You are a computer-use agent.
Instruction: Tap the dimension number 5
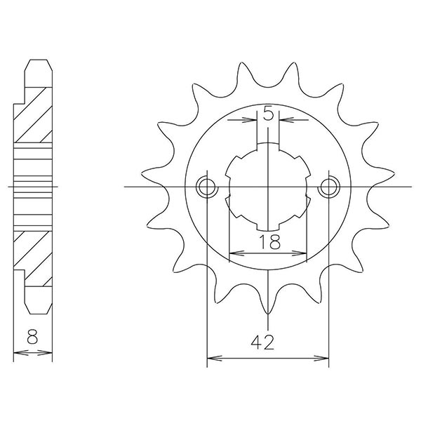coord(269,112)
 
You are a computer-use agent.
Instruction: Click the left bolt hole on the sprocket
coord(207,187)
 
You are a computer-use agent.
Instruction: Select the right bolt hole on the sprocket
coord(328,187)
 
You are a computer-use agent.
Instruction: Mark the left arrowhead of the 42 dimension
coord(211,360)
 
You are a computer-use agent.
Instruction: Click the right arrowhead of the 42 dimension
coord(324,360)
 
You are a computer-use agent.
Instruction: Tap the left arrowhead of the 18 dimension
coord(234,252)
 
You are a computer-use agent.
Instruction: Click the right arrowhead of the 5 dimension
coord(283,120)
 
